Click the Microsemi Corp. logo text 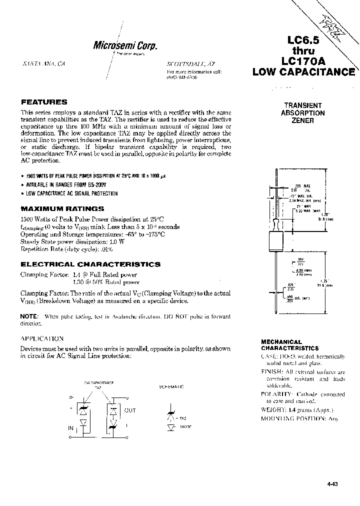tap(125, 45)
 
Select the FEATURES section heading tap(44, 101)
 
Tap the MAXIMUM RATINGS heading tap(62, 208)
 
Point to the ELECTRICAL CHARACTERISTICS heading tap(90, 264)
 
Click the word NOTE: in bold tap(29, 316)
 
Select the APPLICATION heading tap(41, 338)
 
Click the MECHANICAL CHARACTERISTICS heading tap(289, 345)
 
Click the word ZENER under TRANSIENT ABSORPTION tap(304, 120)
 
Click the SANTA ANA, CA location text tap(44, 65)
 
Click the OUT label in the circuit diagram tap(130, 410)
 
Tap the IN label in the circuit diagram tap(70, 428)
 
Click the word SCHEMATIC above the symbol tap(171, 386)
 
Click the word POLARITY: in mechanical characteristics tap(277, 394)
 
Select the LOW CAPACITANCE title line tap(303, 72)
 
